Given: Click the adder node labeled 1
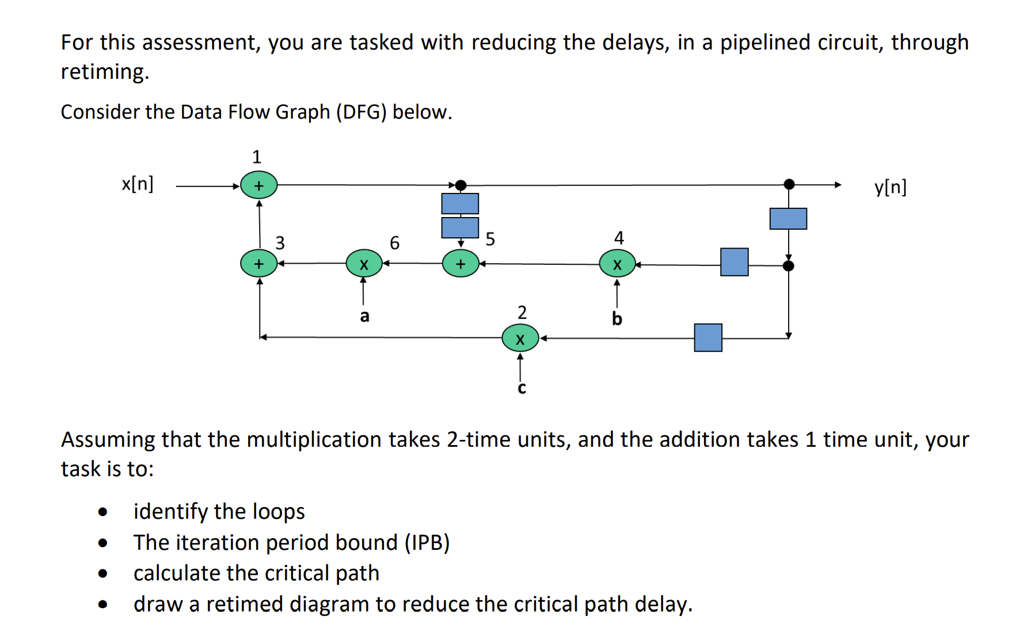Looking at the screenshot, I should pos(258,185).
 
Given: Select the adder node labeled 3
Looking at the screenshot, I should pos(258,264).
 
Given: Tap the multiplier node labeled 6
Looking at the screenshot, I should pos(364,264).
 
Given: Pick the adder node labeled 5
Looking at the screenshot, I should pos(461,264).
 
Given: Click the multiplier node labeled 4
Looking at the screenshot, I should pos(617,264).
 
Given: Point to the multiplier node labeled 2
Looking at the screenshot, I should pos(520,339).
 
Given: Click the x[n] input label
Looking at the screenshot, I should pos(138,184).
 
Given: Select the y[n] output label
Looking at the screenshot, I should pos(890,187).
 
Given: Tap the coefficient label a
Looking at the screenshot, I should pos(364,316).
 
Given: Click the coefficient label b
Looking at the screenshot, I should pos(617,318).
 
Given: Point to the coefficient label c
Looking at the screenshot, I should pos(522,389).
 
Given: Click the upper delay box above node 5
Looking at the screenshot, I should pos(460,203).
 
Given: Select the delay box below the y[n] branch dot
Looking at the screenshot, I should pos(788,219).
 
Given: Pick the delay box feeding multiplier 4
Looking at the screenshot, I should pos(734,262).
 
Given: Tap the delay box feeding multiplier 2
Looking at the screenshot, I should pos(708,337).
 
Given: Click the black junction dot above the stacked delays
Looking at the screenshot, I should pos(461,185).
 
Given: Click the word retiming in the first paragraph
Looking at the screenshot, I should pos(104,72).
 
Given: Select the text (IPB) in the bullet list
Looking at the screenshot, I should pos(427,542).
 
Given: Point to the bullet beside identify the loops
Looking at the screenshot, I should pos(103,512).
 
